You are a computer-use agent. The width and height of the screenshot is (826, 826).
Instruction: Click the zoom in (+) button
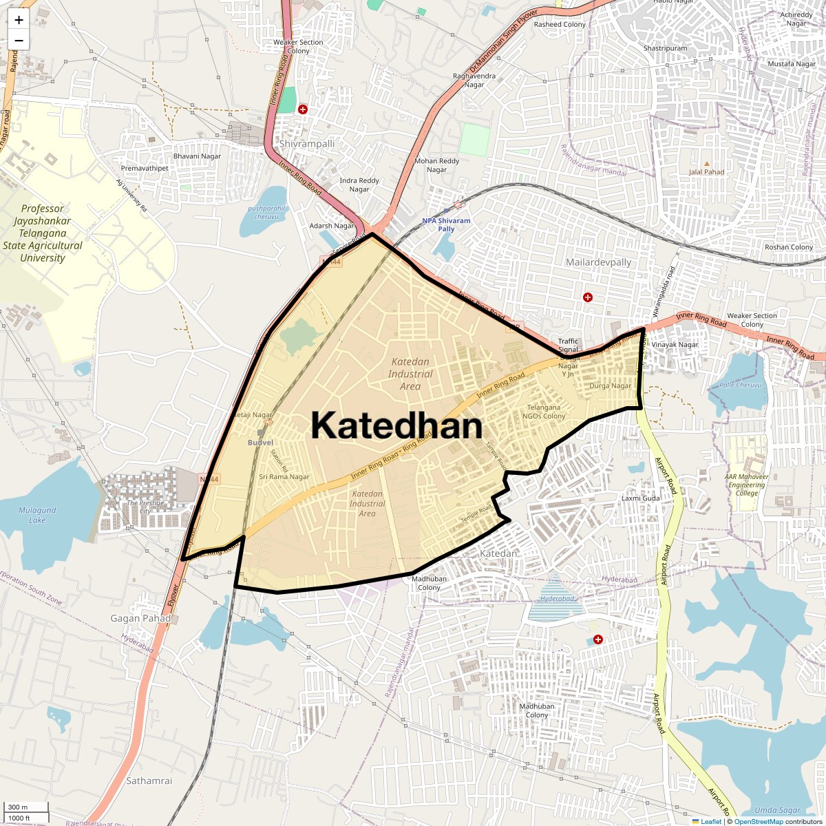tap(19, 20)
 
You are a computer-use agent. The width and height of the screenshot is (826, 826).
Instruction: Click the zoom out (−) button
tap(19, 41)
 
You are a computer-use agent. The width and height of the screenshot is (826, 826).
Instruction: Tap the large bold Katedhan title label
tap(396, 425)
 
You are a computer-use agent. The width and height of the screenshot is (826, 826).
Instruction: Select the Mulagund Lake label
tap(37, 515)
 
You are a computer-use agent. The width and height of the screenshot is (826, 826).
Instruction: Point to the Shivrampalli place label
tap(306, 144)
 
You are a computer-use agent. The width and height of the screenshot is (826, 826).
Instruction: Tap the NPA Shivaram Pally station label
tap(446, 224)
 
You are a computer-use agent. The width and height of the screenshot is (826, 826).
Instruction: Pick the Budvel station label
tap(260, 443)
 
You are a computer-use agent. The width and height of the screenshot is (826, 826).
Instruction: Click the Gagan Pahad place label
tap(140, 618)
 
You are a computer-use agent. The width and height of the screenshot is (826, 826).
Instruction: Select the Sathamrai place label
tap(149, 781)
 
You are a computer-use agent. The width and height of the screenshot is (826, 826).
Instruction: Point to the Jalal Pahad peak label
tap(706, 172)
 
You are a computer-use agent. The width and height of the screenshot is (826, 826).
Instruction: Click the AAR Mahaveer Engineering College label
tap(747, 485)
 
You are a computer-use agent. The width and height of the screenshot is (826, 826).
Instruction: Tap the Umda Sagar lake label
tap(777, 810)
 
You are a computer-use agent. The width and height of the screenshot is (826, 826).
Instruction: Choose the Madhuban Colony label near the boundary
tap(429, 583)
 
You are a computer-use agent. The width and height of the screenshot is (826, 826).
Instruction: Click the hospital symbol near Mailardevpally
tap(588, 297)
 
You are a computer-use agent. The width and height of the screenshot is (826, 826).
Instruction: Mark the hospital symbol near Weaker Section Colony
tap(303, 109)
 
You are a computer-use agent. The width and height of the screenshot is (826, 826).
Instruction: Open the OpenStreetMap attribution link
tap(758, 821)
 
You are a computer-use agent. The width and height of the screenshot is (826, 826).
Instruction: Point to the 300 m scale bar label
tap(19, 807)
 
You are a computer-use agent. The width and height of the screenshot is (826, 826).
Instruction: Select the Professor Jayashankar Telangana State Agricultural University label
tap(43, 233)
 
